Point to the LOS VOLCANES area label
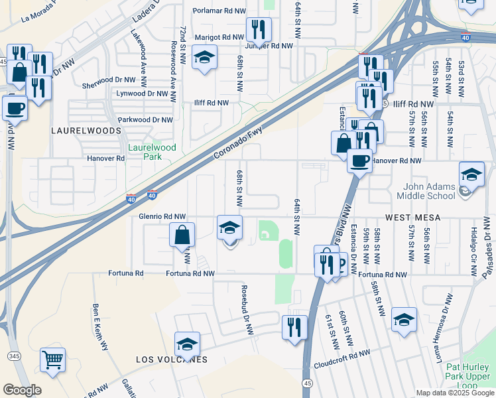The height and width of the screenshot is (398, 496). pos(172,360)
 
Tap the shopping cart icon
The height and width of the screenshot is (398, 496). pos(53,360)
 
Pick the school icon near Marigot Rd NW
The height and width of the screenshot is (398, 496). pos(204,58)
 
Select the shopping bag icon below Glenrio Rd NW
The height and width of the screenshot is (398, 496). pos(182,235)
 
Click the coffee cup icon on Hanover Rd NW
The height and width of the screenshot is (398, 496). pos(359,161)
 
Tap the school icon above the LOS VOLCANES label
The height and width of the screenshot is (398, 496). pos(188,344)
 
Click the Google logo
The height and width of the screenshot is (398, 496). pos(22,390)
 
